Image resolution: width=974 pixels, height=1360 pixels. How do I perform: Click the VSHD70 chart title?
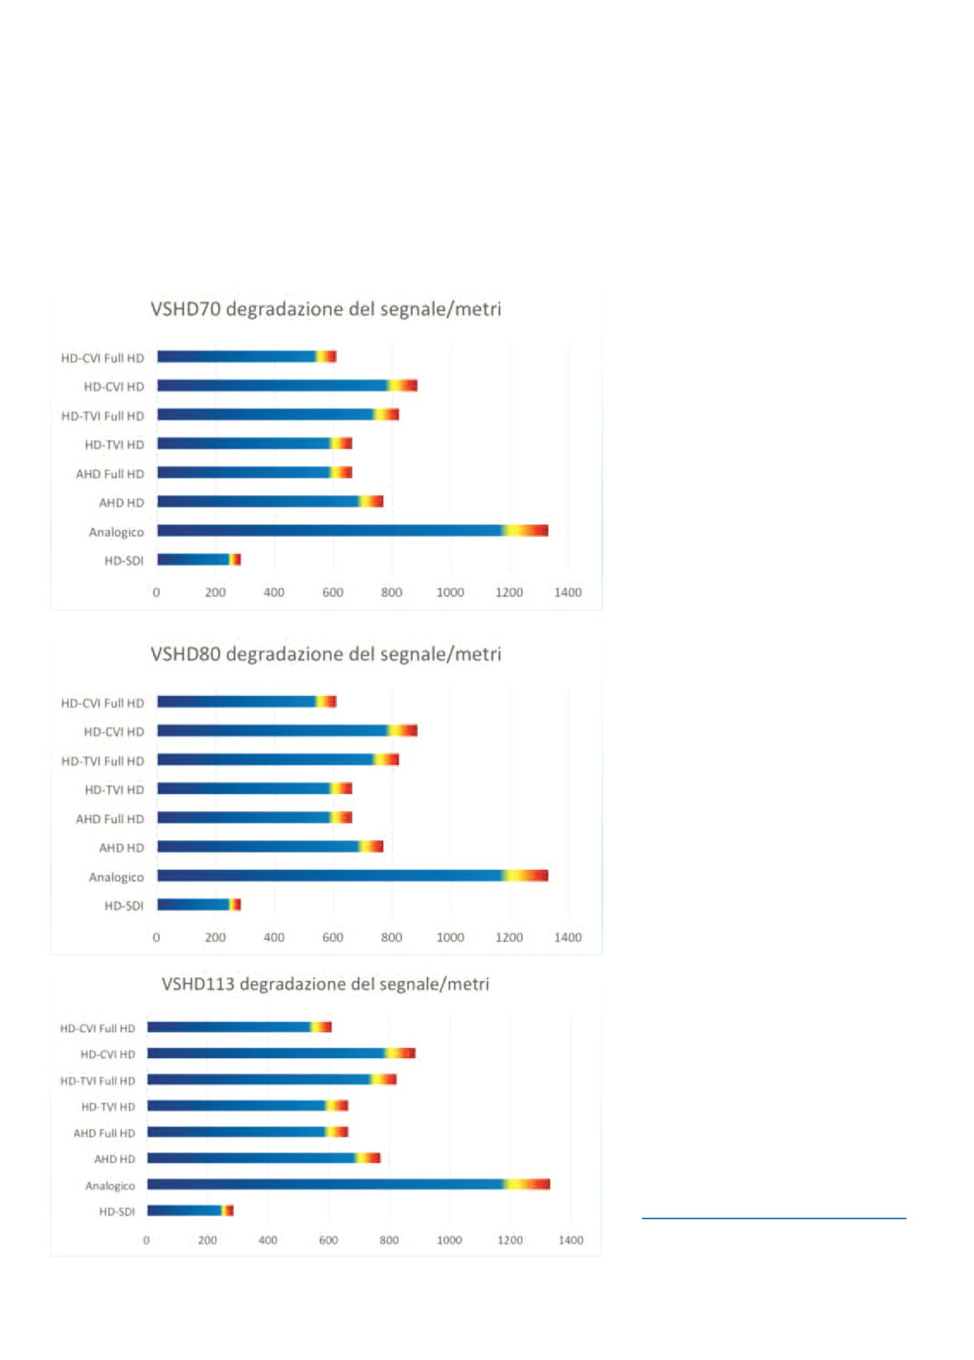point(326,309)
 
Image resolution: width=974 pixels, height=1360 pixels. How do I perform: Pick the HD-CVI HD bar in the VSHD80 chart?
point(287,730)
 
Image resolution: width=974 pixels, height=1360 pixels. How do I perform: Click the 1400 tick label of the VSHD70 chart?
point(568,592)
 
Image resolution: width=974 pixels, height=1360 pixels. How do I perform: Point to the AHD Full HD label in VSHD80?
point(109,819)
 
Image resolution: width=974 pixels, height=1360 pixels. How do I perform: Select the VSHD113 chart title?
point(326,984)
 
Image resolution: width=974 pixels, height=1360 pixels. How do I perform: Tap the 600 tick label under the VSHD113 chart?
point(328,1241)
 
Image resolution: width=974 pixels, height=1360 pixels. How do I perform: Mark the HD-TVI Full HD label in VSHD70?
point(102,416)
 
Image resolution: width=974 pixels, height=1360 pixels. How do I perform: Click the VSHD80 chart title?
point(326,654)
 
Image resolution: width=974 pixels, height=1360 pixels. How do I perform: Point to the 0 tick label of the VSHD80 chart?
point(157,937)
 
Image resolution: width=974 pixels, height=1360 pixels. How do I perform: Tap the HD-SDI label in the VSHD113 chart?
point(117,1212)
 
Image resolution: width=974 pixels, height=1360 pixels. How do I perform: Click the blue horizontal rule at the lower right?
point(774,1218)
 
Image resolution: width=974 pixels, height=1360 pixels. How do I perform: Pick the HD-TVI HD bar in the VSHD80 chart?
point(254,788)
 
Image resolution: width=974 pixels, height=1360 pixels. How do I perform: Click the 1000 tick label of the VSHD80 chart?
point(450,937)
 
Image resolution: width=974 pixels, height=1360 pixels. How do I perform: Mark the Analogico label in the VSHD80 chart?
point(116,877)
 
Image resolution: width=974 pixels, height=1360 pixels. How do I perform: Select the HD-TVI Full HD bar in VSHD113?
point(272,1080)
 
